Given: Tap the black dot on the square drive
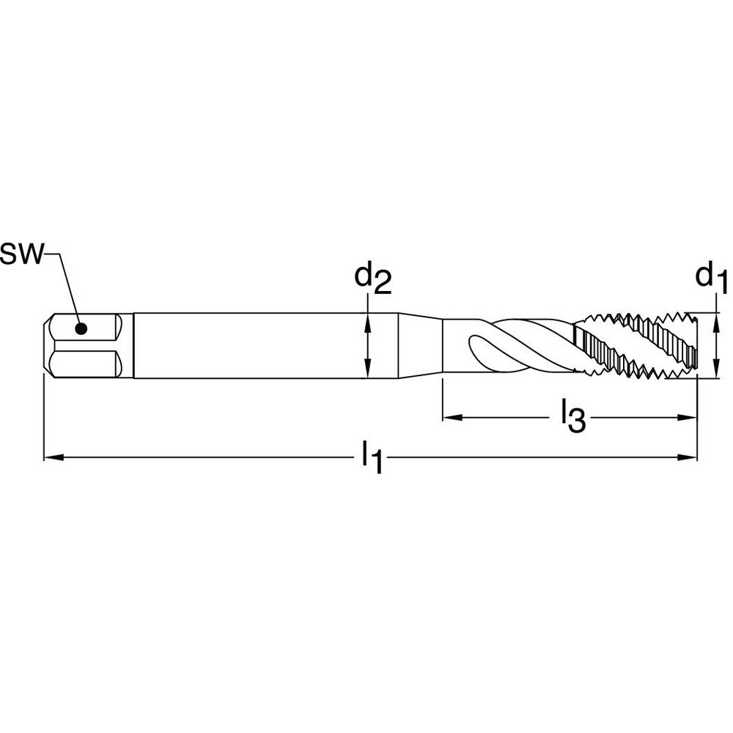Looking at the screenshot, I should click(81, 328).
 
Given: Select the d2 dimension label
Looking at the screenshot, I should click(372, 279).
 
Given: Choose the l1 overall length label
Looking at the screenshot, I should click(372, 459).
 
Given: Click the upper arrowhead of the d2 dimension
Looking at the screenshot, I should click(367, 320).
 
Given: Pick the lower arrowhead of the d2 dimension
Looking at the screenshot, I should click(367, 371).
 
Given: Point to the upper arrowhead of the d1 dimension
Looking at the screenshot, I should click(714, 320).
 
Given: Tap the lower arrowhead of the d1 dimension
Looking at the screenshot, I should click(714, 371).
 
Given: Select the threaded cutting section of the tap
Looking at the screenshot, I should click(634, 345).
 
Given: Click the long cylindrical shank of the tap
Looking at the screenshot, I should click(249, 346).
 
